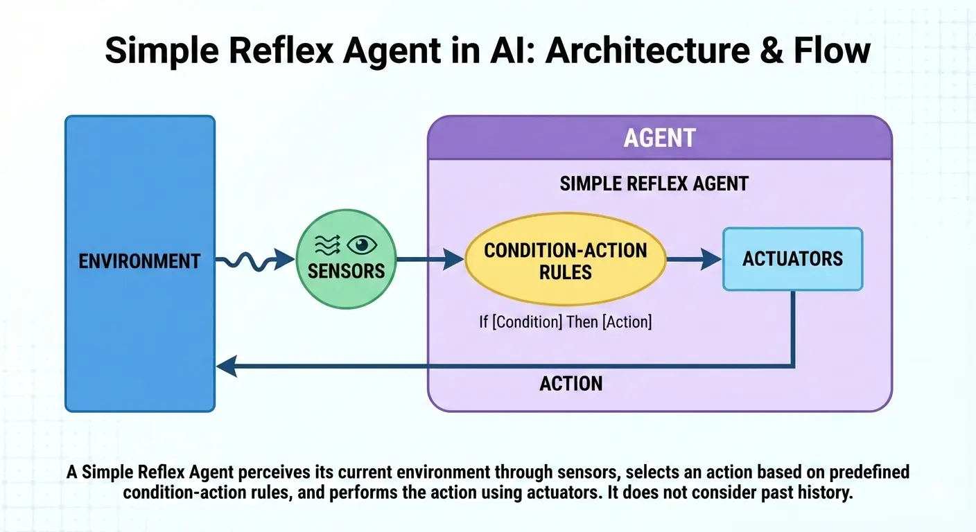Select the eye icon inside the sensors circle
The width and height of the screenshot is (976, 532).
pyautogui.click(x=360, y=245)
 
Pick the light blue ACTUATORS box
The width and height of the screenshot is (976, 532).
pyautogui.click(x=792, y=259)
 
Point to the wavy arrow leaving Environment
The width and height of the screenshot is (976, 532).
pyautogui.click(x=253, y=261)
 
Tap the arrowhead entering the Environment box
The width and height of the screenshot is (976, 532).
pyautogui.click(x=225, y=366)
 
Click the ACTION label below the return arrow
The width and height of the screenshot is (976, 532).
pyautogui.click(x=570, y=383)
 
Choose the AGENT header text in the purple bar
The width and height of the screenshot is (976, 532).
pyautogui.click(x=659, y=138)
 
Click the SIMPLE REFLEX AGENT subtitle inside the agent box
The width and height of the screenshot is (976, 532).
pyautogui.click(x=654, y=184)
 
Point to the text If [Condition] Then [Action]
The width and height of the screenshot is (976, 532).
pyautogui.click(x=565, y=322)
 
